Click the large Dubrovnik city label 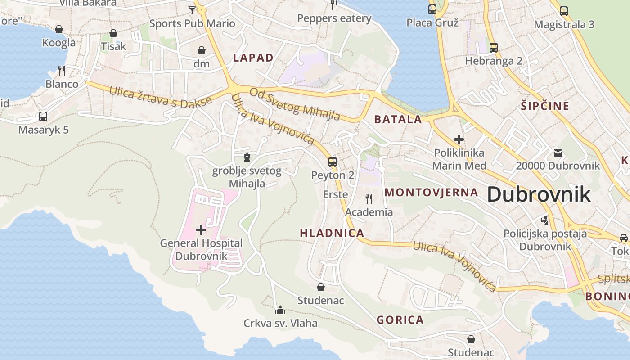[x=539, y=194]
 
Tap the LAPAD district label [x=253, y=58]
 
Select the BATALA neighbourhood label [x=398, y=119]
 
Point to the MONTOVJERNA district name [x=431, y=193]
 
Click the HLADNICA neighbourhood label [x=332, y=233]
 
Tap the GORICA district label [x=400, y=320]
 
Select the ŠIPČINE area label [x=545, y=106]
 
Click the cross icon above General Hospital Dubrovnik [x=201, y=230]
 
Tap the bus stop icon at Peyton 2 [x=333, y=162]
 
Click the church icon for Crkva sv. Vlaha [x=280, y=310]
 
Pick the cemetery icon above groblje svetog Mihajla [x=247, y=157]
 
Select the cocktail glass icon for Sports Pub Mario [x=192, y=10]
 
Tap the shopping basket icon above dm [x=202, y=50]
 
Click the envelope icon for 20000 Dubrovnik [x=558, y=153]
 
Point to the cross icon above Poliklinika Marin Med [x=459, y=139]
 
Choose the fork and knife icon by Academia [x=369, y=198]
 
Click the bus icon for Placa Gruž [x=432, y=9]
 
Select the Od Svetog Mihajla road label [x=295, y=104]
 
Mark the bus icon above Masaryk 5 [x=43, y=117]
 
